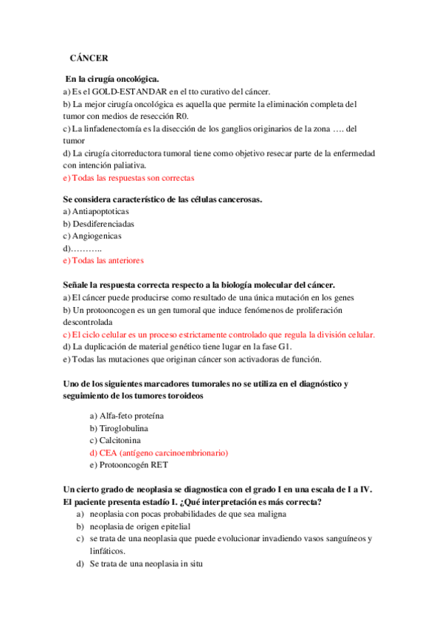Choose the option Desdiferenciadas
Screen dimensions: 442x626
103,224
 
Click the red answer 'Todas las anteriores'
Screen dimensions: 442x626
108,261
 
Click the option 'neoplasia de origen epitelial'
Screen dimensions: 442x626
140,526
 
